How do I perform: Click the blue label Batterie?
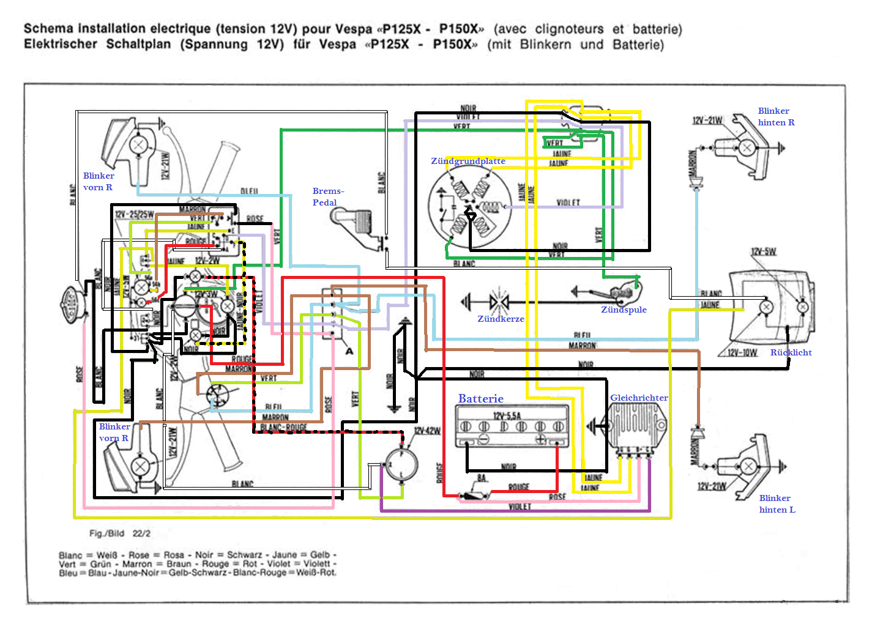[480, 399]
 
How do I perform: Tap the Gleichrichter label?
[639, 398]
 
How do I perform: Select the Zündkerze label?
[501, 319]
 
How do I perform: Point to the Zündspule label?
[624, 310]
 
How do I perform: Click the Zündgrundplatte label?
[468, 161]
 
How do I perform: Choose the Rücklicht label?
[791, 352]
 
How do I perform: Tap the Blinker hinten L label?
[777, 504]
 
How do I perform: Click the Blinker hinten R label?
[776, 117]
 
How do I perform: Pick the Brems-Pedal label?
[328, 197]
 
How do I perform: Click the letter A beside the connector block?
[349, 351]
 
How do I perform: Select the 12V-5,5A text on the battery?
[507, 416]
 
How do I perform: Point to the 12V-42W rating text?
[427, 431]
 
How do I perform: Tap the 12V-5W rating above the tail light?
[763, 252]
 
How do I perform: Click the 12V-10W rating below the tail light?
[742, 353]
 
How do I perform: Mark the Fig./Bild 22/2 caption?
[120, 533]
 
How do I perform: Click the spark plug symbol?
[499, 302]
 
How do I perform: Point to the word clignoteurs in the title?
[569, 29]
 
